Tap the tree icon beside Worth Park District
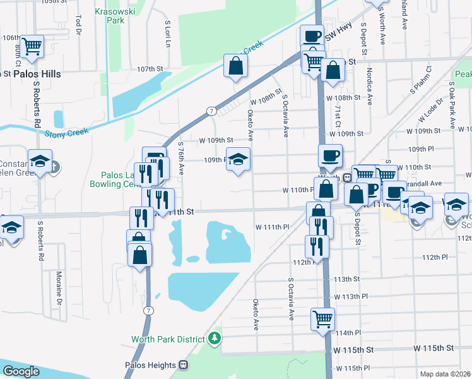(x=215, y=339)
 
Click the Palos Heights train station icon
(x=183, y=365)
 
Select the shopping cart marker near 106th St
(x=32, y=45)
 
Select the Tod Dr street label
(x=78, y=25)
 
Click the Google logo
(x=22, y=371)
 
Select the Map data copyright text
(x=446, y=374)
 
